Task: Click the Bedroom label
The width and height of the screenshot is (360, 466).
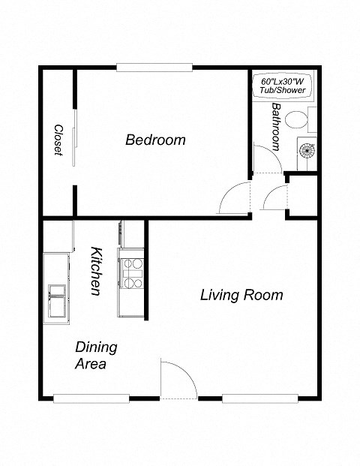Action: [155, 140]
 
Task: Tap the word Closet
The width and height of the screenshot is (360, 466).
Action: [58, 140]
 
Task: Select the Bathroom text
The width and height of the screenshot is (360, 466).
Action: [276, 127]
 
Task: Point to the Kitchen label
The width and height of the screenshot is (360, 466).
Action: [95, 271]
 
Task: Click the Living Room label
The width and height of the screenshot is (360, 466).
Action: [241, 295]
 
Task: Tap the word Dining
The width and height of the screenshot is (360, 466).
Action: [96, 347]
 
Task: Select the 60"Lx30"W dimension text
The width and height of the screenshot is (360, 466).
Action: [283, 81]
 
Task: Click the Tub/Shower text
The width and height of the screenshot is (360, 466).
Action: [283, 90]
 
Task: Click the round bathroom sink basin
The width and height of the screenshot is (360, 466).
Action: [308, 150]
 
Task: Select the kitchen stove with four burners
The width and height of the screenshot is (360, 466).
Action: [132, 273]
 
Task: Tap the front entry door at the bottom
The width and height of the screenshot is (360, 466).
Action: [177, 379]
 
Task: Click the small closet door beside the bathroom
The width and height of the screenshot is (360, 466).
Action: [274, 197]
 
